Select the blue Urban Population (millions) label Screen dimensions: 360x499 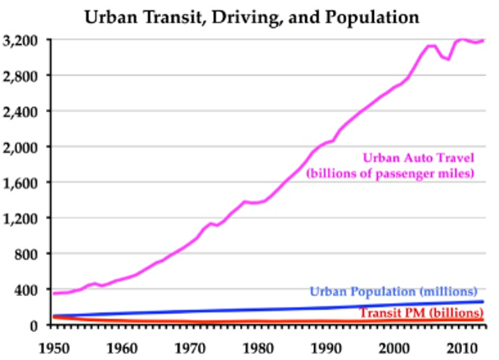[x=393, y=291]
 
